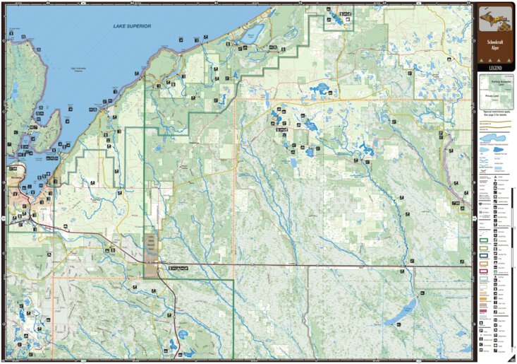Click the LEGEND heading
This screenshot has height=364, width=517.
click(495, 67)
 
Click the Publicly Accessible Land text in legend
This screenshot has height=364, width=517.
click(495, 82)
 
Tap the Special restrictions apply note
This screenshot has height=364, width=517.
click(495, 112)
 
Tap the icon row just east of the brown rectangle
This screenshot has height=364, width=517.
click(178, 269)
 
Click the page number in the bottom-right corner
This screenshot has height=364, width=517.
click(511, 358)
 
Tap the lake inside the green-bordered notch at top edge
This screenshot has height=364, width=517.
click(339, 20)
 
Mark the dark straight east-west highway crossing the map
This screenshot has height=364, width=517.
click(317, 266)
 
